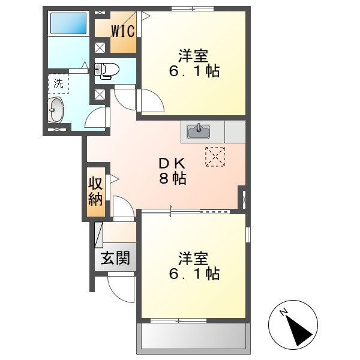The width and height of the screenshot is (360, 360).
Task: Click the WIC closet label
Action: coord(123,31)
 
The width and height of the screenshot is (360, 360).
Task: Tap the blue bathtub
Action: coord(68,23)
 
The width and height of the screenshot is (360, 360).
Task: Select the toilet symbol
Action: coord(107,70)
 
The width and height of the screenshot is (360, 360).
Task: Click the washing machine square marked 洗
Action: coord(59,83)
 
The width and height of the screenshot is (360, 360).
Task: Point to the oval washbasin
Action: coord(56,110)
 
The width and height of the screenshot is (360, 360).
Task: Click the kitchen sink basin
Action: coord(199,131)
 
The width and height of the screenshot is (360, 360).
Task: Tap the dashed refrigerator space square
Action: coord(215,157)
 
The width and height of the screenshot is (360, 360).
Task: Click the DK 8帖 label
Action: coord(172,171)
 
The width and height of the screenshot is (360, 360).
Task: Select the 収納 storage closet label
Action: coord(95,191)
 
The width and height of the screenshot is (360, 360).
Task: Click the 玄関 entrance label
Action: coord(115,258)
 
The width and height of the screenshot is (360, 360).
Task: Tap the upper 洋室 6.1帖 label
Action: coord(194,63)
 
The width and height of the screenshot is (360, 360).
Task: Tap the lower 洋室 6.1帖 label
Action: coord(194,266)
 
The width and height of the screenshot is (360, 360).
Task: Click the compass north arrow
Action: coord(298,330)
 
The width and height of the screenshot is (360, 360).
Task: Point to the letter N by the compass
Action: coord(284,312)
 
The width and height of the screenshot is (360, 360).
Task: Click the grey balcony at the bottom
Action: coord(193,337)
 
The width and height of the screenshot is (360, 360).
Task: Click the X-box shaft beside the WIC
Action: coord(100,48)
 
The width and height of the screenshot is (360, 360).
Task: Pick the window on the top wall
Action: coord(193,9)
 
